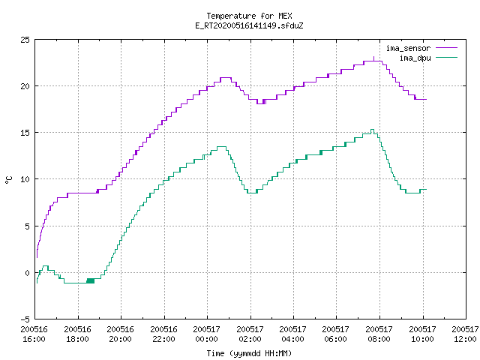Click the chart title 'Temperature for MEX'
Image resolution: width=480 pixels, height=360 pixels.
(249, 16)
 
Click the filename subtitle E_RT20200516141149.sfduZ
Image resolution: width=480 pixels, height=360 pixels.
(249, 25)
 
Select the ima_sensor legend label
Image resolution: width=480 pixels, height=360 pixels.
(408, 48)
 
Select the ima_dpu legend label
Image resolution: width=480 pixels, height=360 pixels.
(415, 58)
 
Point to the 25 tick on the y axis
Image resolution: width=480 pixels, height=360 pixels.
(25, 40)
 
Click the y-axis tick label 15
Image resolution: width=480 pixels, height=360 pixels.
(25, 133)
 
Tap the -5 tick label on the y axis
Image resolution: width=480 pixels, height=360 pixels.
(25, 319)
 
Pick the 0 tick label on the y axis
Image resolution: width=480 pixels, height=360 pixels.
(28, 273)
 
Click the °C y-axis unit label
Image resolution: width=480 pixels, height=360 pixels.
(8, 180)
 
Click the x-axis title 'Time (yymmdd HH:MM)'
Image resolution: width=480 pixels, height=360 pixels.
(249, 353)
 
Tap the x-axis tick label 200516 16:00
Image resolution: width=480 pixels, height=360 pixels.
(34, 334)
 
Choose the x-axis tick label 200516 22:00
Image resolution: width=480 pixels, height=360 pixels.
(163, 334)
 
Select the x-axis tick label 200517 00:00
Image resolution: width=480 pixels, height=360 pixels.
(207, 334)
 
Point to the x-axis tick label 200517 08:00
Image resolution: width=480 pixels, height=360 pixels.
(379, 334)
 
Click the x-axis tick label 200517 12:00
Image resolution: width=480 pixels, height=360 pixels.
(465, 334)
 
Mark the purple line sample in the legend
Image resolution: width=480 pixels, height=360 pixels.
(447, 48)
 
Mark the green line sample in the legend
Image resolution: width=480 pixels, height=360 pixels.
(447, 57)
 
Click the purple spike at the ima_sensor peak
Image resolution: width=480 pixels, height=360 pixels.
(373, 58)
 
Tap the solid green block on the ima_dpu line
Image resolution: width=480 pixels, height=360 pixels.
(90, 280)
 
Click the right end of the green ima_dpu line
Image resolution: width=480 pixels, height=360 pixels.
(427, 190)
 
